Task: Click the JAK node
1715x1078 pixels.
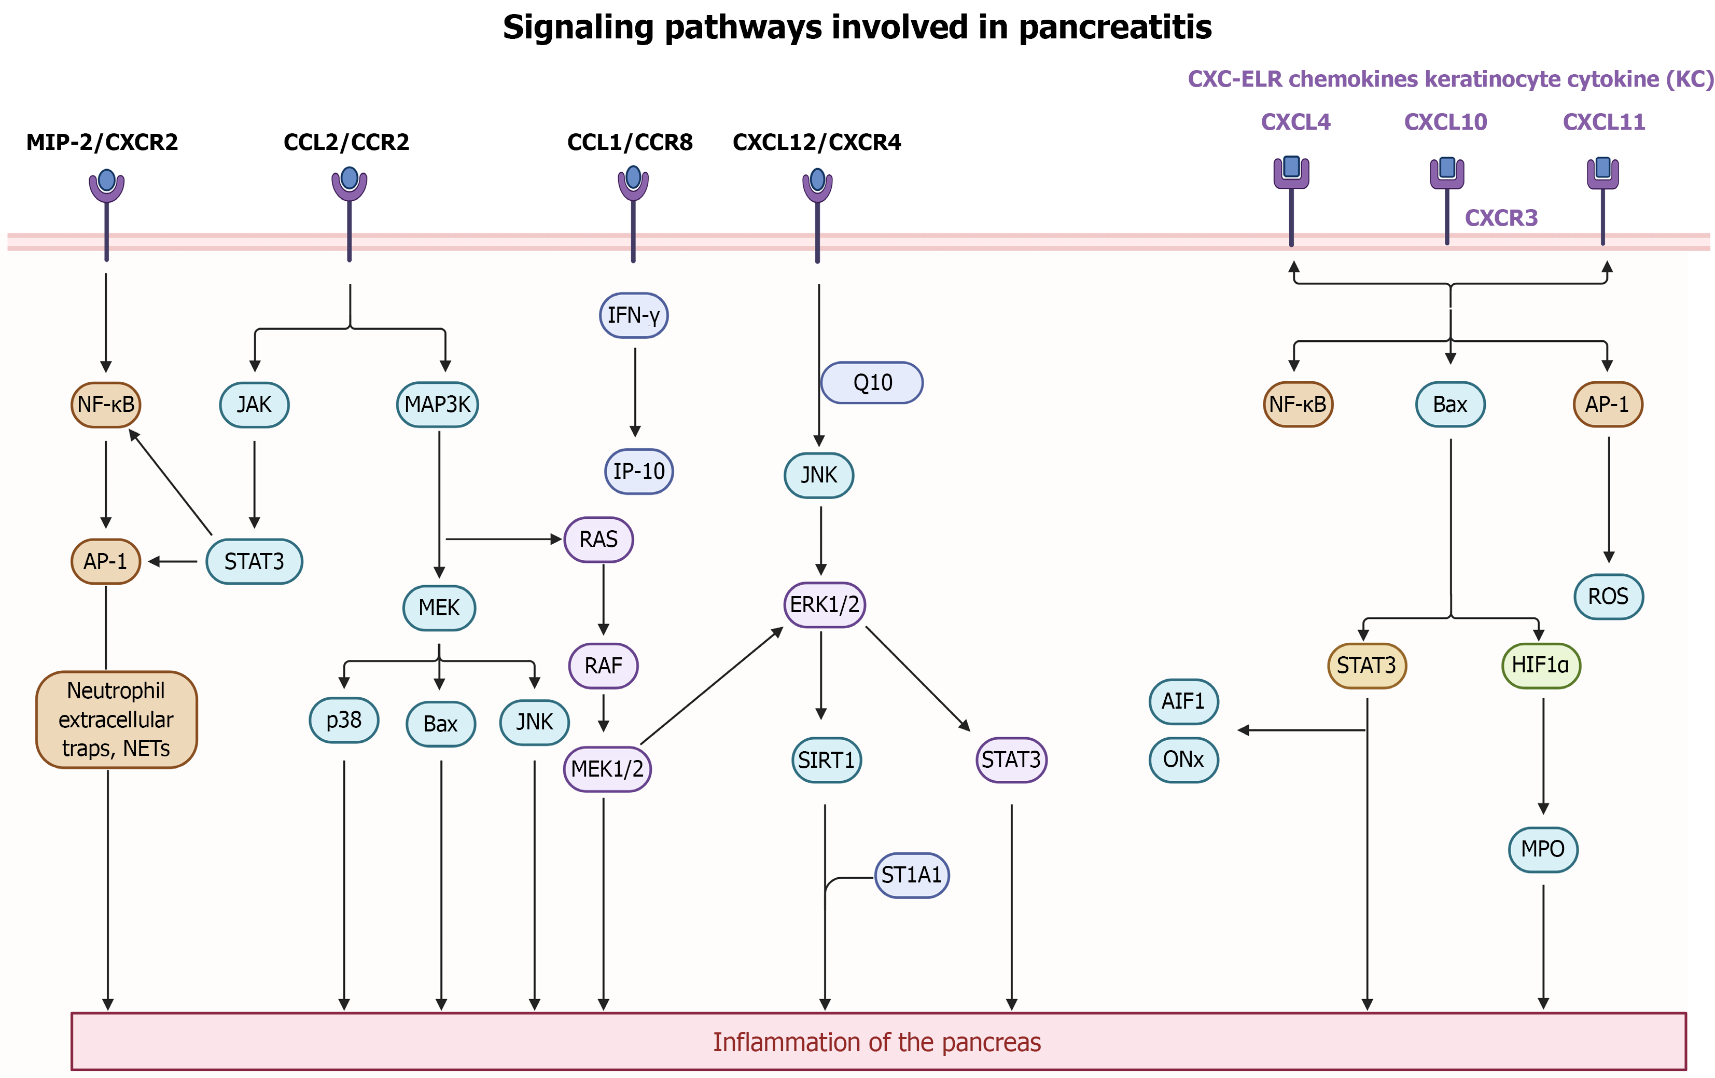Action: [254, 405]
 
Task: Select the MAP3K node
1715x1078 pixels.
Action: [437, 405]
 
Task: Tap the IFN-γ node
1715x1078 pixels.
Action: [634, 315]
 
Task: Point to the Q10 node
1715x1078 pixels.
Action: [872, 383]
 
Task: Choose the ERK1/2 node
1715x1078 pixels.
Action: [824, 605]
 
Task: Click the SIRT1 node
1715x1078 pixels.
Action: [826, 760]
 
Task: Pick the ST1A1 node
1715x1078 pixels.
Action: [912, 875]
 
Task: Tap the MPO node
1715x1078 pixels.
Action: [1543, 849]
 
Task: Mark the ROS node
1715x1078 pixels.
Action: [1608, 597]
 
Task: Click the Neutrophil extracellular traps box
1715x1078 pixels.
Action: [116, 720]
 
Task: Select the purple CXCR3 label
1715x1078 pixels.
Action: [1501, 218]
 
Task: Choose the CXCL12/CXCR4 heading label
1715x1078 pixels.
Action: [817, 143]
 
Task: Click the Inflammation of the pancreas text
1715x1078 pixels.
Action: [877, 1042]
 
